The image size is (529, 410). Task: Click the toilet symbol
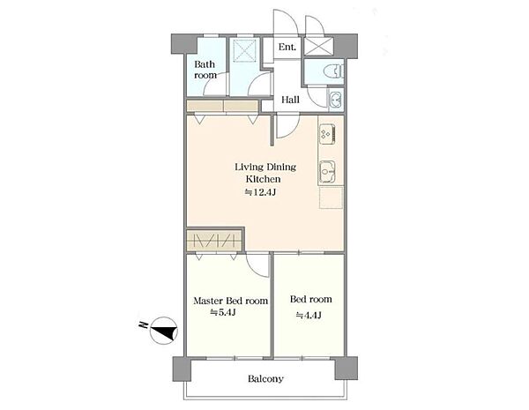click(x=333, y=71)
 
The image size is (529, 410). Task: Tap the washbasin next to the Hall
click(x=336, y=100)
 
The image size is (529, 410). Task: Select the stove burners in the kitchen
click(x=327, y=132)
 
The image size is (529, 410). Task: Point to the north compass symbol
click(x=164, y=331)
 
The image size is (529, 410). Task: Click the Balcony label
click(x=265, y=378)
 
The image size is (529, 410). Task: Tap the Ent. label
click(x=287, y=47)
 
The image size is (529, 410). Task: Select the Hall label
click(x=290, y=100)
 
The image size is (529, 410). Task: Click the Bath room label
click(x=205, y=70)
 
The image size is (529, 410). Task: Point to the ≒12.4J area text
click(x=260, y=192)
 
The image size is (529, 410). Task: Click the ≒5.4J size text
click(x=222, y=312)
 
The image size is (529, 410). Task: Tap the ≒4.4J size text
click(x=309, y=315)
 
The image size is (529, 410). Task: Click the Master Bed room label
click(x=230, y=301)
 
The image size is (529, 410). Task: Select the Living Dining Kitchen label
click(x=265, y=173)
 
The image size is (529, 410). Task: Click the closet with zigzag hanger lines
click(x=214, y=240)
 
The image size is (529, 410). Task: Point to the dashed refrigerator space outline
click(x=332, y=198)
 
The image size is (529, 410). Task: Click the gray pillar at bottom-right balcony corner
click(x=346, y=369)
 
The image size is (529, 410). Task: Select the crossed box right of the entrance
click(x=318, y=46)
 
